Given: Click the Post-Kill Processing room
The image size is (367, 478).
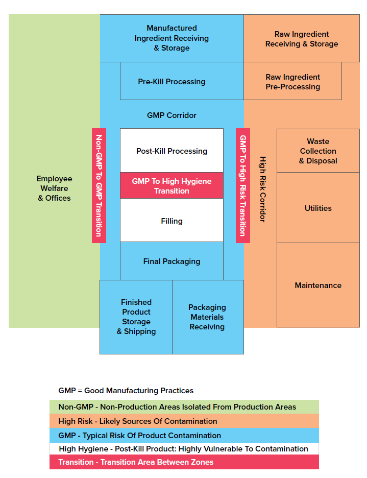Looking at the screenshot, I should [172, 151].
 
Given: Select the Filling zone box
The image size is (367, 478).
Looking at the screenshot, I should [172, 221].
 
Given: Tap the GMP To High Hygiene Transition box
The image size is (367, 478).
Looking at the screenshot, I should [172, 186].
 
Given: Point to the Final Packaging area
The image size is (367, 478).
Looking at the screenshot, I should [172, 261].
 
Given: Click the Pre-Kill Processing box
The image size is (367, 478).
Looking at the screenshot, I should [172, 82].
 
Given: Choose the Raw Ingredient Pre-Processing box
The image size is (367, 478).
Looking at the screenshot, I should [292, 82].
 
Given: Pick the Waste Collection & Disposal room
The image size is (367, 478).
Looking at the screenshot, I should [318, 151].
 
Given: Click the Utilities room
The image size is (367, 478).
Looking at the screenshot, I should [318, 208].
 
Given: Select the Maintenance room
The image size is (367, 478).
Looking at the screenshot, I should [318, 285].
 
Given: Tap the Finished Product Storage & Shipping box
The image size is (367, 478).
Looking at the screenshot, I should [136, 317].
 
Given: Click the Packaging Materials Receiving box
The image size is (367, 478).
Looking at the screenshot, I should [207, 317].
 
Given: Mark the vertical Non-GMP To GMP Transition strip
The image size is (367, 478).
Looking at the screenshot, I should [99, 185].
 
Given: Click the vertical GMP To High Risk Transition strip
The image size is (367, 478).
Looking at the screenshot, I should [243, 185].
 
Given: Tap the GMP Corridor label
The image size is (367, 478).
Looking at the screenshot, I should [172, 115].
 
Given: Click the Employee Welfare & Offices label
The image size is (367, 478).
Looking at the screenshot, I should [54, 188].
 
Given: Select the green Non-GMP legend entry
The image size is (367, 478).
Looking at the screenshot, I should [184, 407].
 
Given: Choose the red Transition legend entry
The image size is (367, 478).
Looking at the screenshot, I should [184, 462].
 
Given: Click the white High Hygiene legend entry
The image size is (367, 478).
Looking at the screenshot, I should [184, 449].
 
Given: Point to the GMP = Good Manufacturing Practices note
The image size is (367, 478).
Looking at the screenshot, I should [126, 391].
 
